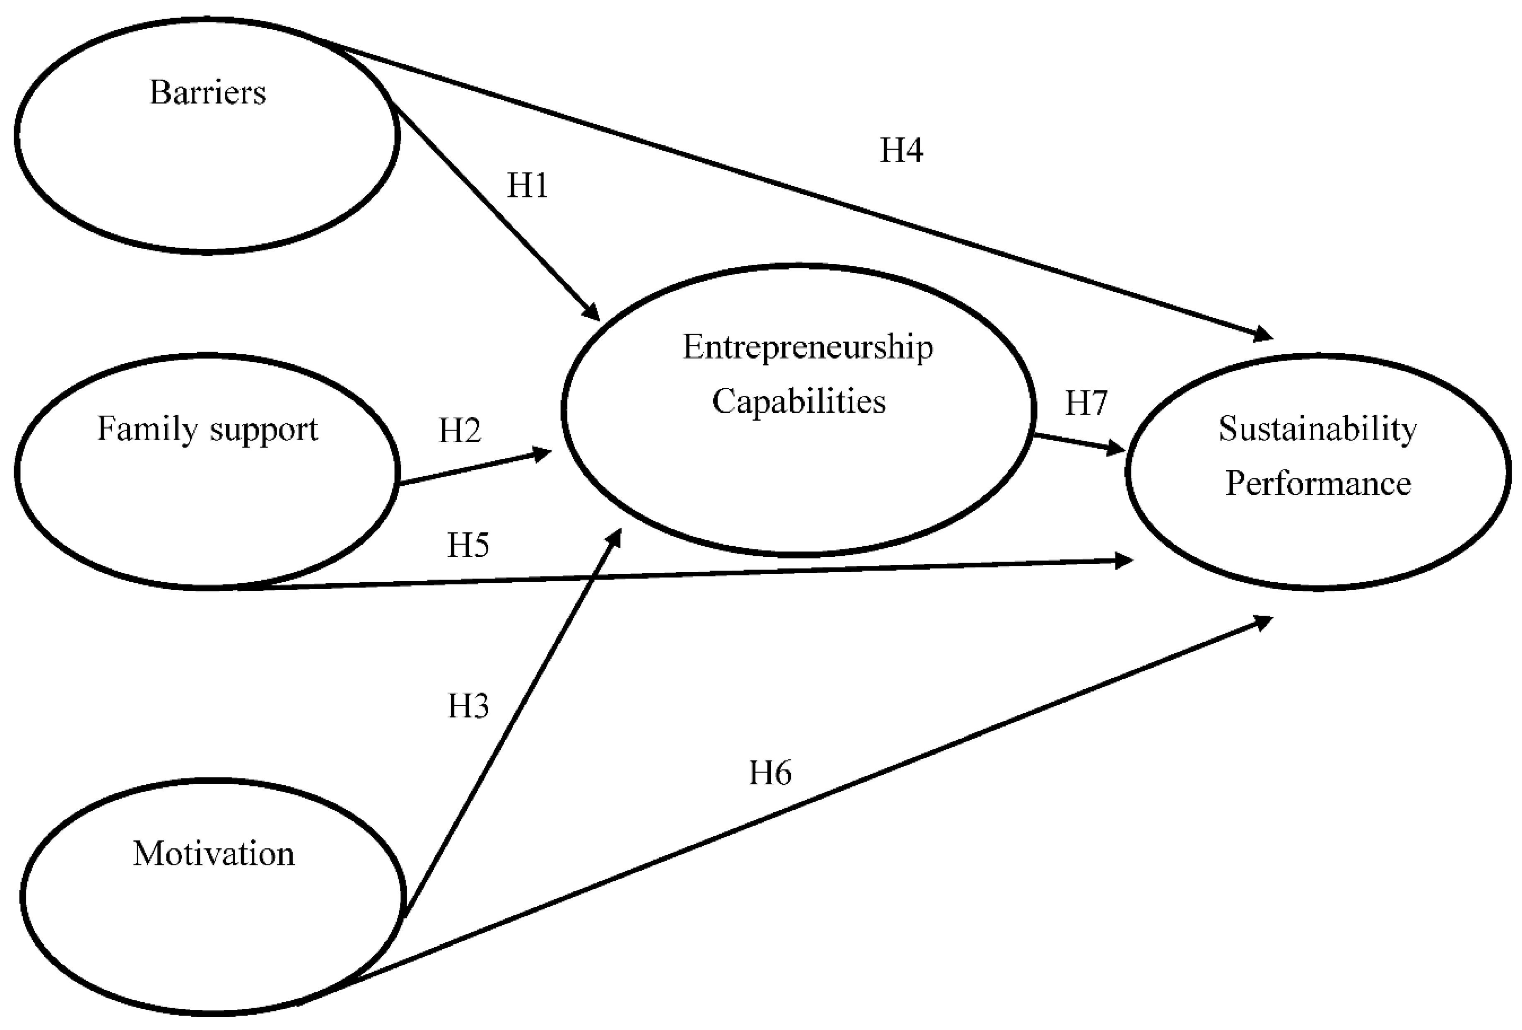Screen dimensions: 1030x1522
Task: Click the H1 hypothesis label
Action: coord(527,186)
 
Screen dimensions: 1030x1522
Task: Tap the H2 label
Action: coord(460,431)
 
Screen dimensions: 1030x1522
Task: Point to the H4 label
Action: coord(901,151)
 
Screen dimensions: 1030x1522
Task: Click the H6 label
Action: coord(770,773)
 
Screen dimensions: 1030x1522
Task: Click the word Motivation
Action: coord(214,854)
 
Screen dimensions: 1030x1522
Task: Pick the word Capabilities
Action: coord(799,402)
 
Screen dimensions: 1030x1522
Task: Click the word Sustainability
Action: coord(1318,430)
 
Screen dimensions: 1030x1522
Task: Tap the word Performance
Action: coord(1318,484)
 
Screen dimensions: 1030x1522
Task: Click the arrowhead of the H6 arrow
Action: coord(1263,620)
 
